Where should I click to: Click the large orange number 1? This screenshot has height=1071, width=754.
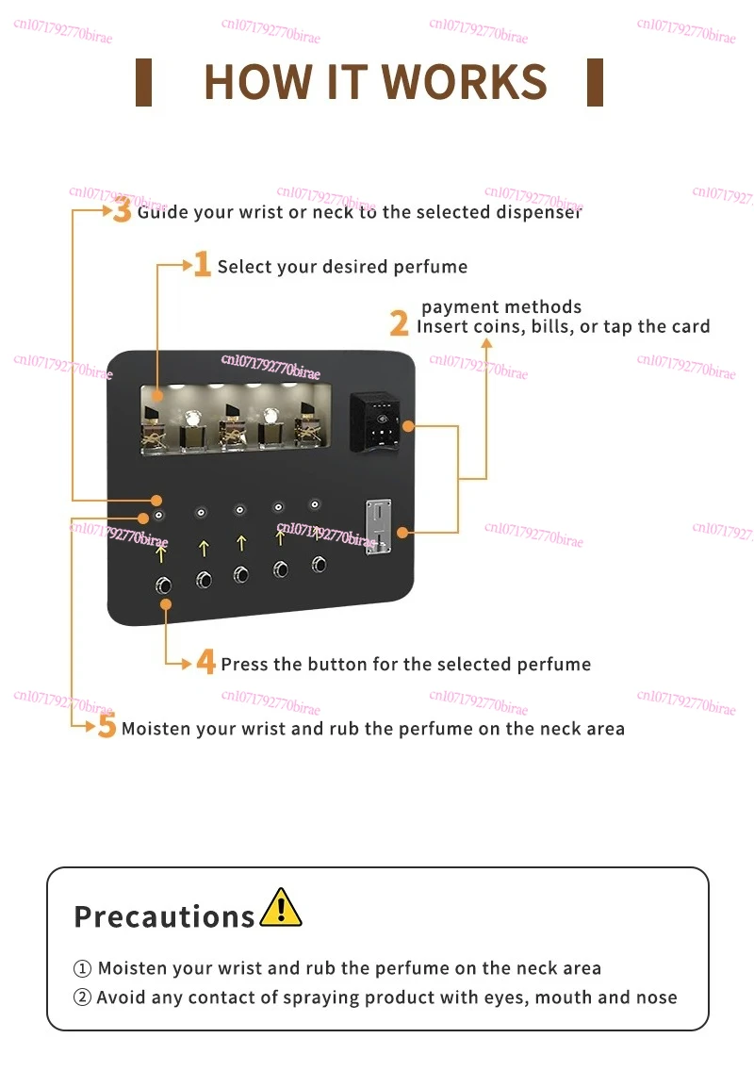coord(202,265)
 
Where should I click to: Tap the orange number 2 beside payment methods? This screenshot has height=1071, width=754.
coord(400,324)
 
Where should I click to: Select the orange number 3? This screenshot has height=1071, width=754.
coord(123,209)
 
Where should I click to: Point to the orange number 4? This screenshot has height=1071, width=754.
coord(206,662)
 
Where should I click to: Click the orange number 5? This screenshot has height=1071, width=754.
coord(107,727)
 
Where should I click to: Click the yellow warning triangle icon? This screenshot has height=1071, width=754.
coord(280,908)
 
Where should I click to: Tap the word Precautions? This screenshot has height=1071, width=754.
coord(164,916)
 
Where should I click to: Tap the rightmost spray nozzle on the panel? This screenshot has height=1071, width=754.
coord(315,504)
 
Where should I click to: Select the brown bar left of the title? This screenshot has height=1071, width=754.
coord(143,82)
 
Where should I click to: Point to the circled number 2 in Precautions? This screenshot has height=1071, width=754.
coord(82,997)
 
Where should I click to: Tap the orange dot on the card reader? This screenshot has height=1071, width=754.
coord(407,426)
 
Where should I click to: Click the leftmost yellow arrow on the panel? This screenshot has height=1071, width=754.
coord(161,552)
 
